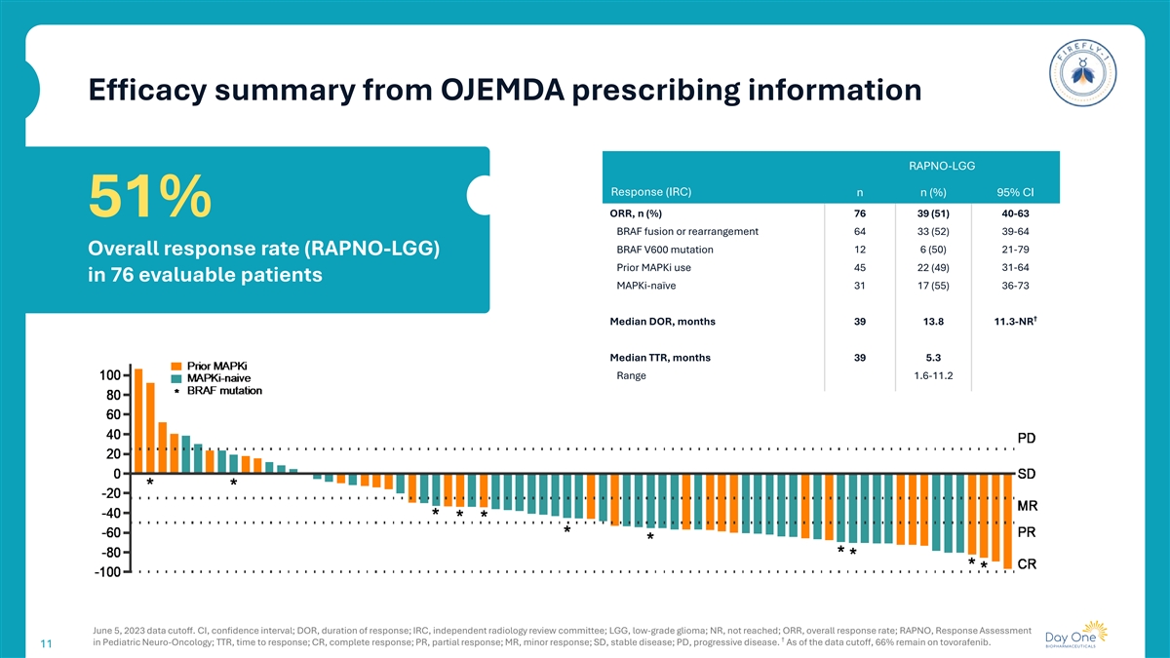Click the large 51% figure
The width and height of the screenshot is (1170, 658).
(150, 198)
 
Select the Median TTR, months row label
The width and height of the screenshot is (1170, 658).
(660, 358)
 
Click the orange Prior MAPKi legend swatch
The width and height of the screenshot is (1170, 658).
(178, 366)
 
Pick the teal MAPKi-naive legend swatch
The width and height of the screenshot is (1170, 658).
(178, 378)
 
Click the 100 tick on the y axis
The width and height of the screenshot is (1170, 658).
(108, 375)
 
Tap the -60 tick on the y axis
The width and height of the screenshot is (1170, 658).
(108, 533)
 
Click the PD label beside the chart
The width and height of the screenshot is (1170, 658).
(1028, 437)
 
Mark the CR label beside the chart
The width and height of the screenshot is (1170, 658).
(1028, 564)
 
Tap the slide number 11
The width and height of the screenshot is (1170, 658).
(46, 644)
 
